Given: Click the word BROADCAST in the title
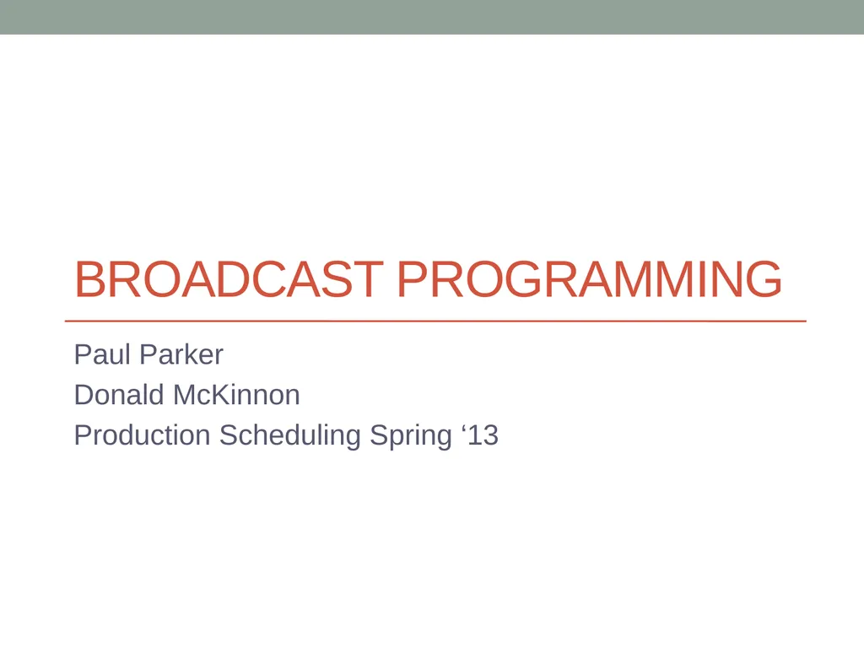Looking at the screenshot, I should [228, 280].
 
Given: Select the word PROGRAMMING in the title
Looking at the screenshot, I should [588, 280].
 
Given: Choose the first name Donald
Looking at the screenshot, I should [119, 395].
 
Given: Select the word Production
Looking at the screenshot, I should [142, 435].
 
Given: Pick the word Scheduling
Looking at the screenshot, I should [291, 435].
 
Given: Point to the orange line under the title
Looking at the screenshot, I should [435, 321].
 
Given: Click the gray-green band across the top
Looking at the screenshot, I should [432, 17].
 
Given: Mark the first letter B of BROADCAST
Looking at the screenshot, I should [89, 280].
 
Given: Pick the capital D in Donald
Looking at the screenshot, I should [84, 395].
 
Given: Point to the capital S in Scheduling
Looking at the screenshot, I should [229, 435].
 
